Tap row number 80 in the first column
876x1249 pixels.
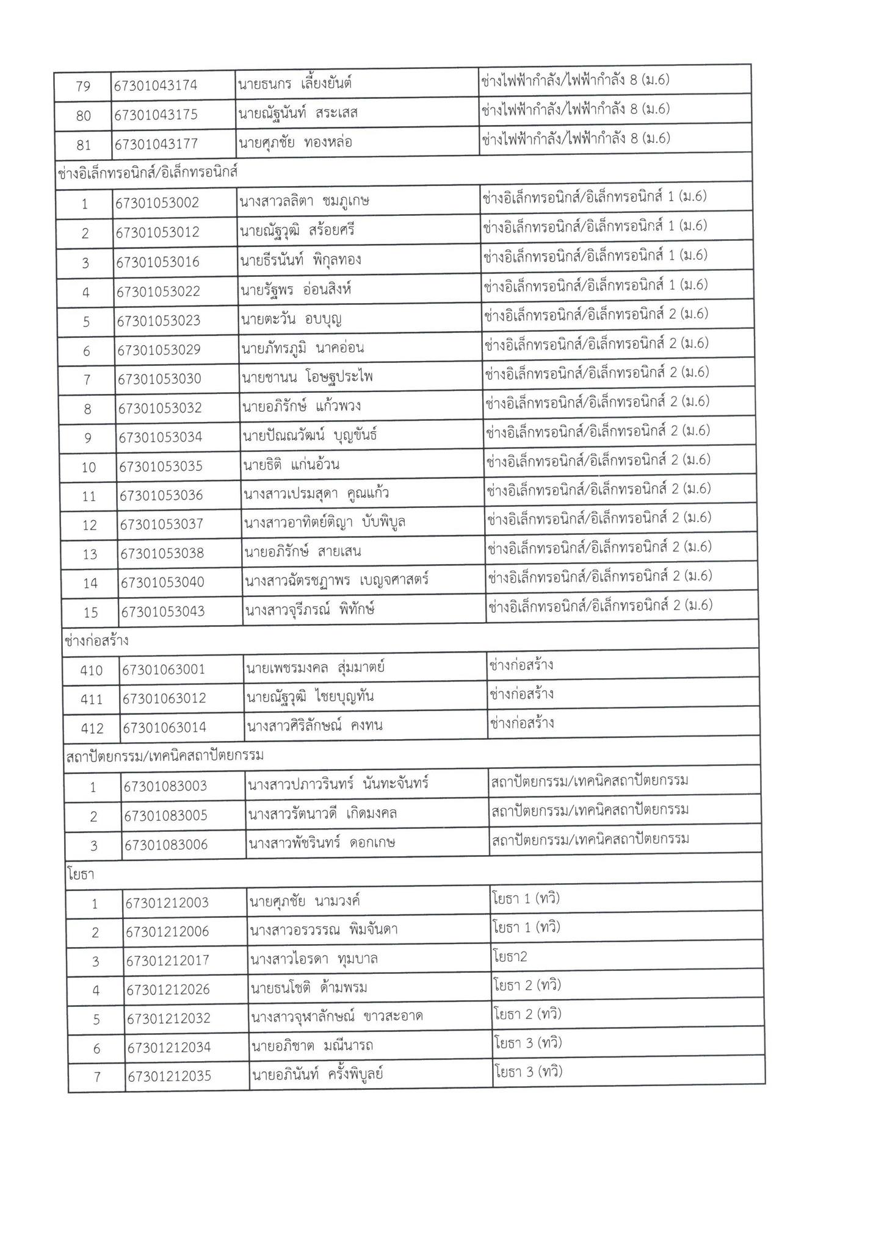click(84, 115)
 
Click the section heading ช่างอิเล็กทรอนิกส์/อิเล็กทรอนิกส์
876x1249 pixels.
click(147, 173)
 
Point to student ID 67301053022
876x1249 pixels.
click(158, 292)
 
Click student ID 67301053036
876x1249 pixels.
click(161, 495)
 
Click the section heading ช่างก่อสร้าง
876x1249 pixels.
click(96, 641)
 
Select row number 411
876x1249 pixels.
click(92, 699)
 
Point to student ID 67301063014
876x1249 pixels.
click(165, 728)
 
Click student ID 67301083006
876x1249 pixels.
click(166, 845)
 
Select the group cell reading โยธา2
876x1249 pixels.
click(509, 956)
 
